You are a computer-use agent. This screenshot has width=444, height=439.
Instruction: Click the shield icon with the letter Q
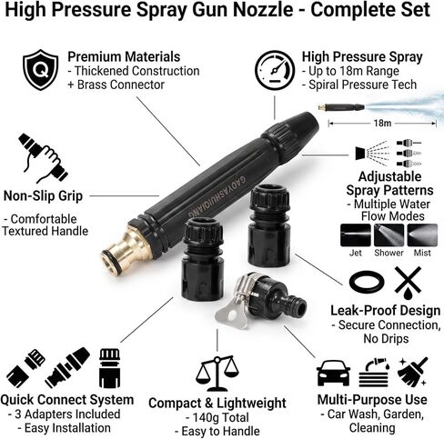tap(41, 70)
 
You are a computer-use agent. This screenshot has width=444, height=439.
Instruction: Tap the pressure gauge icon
tap(275, 70)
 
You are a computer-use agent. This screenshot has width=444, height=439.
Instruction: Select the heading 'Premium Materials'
tap(124, 56)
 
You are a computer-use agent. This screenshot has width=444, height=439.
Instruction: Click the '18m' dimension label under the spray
tap(382, 124)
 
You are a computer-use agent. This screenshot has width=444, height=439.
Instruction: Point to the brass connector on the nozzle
tap(126, 248)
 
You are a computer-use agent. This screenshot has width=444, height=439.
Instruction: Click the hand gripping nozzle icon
tap(43, 158)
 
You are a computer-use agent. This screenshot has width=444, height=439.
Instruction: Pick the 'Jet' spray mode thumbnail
tap(356, 235)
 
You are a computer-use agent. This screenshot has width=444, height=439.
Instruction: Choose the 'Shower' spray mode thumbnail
tap(388, 235)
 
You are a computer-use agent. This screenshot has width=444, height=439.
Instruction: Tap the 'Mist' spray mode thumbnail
tap(422, 235)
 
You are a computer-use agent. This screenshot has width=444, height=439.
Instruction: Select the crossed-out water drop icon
tap(408, 284)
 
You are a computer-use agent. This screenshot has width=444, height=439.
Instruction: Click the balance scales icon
tap(217, 374)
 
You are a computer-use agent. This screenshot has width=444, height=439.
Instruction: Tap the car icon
tap(333, 373)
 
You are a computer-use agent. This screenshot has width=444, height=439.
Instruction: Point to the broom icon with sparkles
tap(412, 372)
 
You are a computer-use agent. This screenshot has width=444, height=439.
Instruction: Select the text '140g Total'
tap(221, 418)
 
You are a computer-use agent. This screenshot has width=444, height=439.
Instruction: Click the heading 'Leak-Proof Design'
tap(385, 311)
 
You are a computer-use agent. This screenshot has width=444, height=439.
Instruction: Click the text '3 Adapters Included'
tap(67, 414)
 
